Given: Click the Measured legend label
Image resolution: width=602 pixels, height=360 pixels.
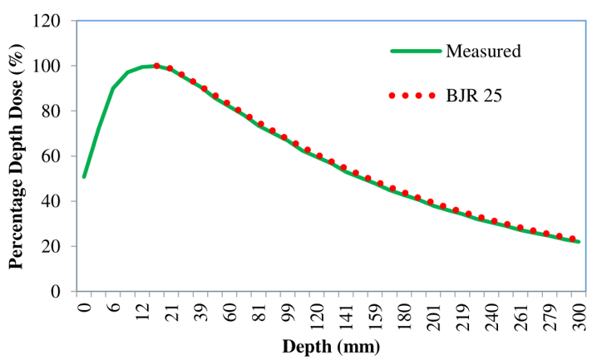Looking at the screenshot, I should [483, 51].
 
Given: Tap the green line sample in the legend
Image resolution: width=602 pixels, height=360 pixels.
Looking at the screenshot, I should [415, 51].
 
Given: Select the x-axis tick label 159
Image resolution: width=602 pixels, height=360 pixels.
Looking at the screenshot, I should [375, 314].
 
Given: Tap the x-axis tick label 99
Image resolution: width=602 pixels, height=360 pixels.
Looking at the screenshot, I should [288, 314].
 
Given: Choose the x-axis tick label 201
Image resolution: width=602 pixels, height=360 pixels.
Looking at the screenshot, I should [433, 314].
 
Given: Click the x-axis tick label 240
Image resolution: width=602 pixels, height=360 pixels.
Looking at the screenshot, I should [491, 314].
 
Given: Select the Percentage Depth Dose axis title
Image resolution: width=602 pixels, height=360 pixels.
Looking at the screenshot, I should [16, 158].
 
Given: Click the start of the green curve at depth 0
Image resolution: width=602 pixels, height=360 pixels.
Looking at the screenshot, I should [84, 176].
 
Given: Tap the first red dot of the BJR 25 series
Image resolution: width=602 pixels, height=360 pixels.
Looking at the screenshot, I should [156, 66].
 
